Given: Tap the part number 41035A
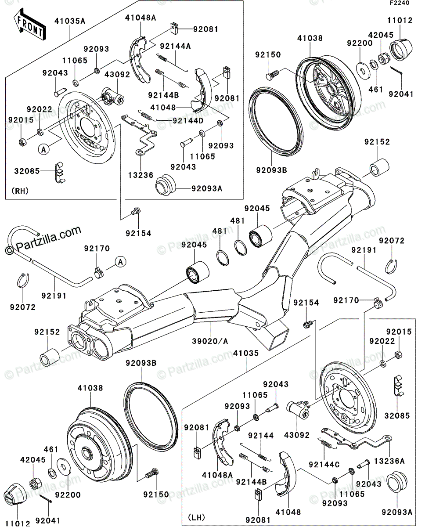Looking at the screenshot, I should click(x=70, y=21).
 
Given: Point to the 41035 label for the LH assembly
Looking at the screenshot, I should click(x=246, y=353).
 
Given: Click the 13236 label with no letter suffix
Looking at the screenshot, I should click(x=141, y=175).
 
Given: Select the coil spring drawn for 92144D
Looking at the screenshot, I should click(x=146, y=116).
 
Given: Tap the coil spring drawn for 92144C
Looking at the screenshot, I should click(x=326, y=445).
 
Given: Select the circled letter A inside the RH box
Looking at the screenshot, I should click(x=43, y=149).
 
